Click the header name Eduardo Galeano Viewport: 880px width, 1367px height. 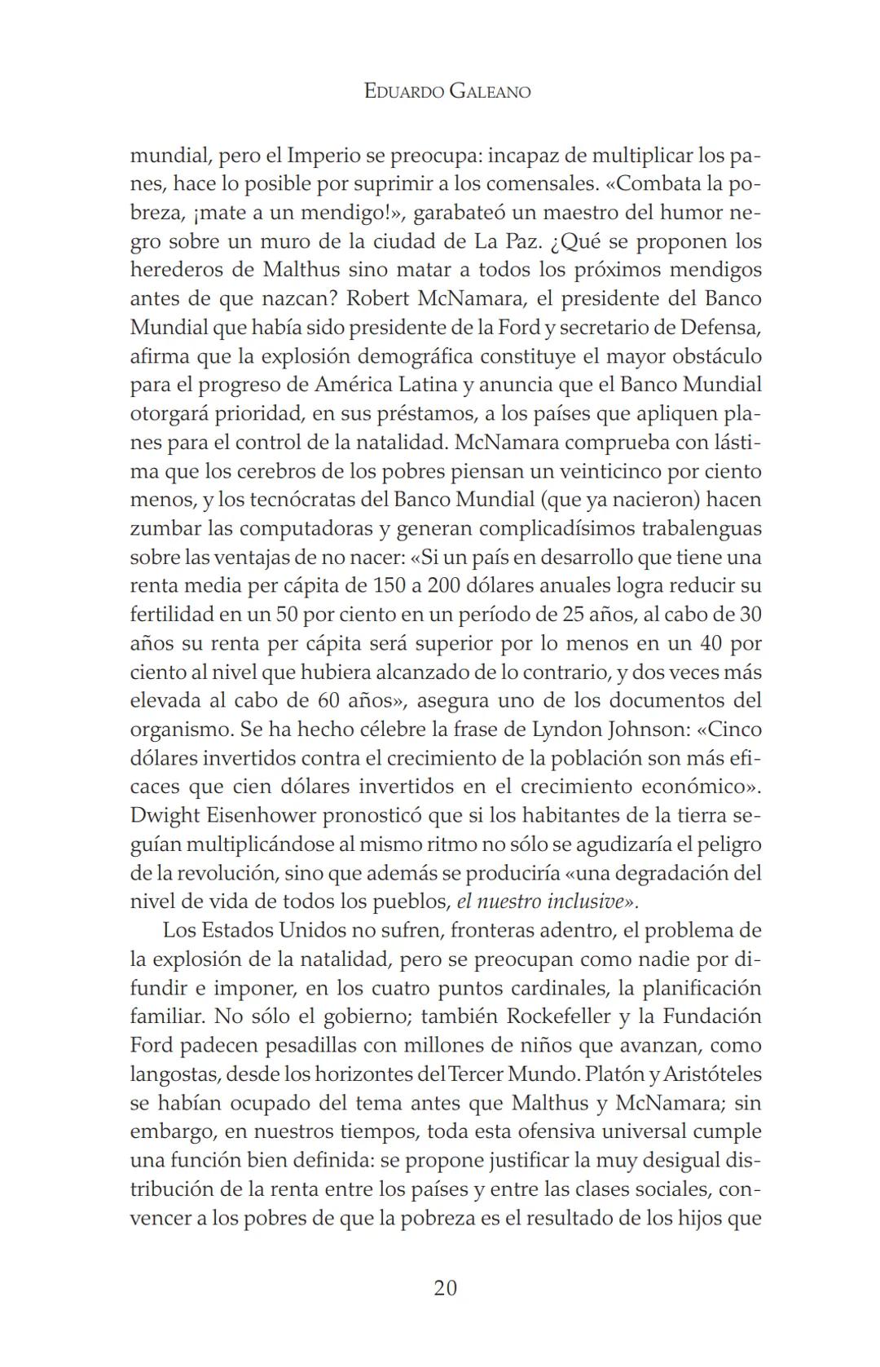coord(447,91)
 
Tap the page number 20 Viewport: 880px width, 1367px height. coord(446,1288)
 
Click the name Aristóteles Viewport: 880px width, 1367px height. coord(712,1074)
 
